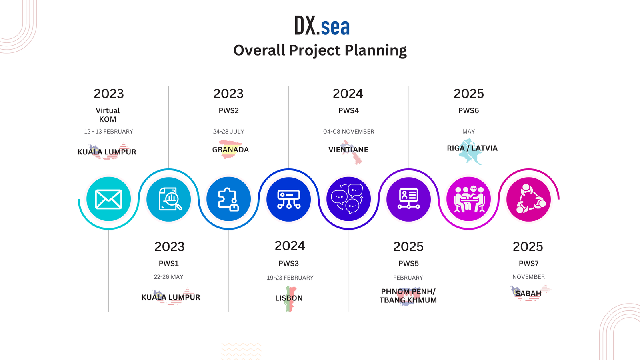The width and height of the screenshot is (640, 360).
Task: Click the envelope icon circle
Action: [x=108, y=199]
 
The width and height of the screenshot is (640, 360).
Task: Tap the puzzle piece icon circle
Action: [x=228, y=199]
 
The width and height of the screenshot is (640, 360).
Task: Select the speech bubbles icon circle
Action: [x=348, y=199]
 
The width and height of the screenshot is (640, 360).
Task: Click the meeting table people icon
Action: [x=468, y=199]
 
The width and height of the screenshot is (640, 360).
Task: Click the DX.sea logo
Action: [x=322, y=26]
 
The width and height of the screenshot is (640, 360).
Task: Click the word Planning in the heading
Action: [x=376, y=50]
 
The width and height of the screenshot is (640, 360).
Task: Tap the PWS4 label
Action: [x=348, y=110]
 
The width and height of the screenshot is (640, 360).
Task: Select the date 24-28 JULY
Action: [x=228, y=132]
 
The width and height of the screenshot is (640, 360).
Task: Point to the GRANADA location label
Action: [x=230, y=150]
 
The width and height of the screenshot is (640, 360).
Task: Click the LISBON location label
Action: [x=289, y=298]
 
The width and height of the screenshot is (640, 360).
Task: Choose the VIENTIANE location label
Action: [x=348, y=150]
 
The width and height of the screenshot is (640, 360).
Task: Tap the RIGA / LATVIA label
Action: [x=472, y=148]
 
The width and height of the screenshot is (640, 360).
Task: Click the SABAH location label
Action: [x=528, y=294]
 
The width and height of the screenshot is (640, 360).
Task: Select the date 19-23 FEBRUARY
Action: [x=290, y=278]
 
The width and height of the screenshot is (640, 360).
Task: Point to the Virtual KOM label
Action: [x=108, y=115]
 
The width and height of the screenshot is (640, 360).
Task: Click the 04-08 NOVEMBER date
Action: [x=348, y=132]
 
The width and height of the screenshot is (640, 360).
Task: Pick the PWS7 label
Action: [x=528, y=264]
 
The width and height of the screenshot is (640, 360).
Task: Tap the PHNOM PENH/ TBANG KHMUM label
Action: [x=408, y=296]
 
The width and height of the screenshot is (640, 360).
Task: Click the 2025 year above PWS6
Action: [x=469, y=94]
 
